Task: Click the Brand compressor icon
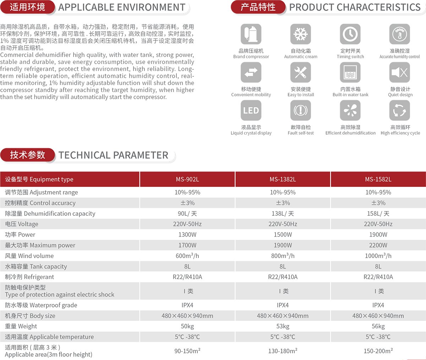(251, 34)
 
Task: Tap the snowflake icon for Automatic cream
(301, 34)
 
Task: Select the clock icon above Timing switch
(350, 34)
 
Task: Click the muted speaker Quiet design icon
(400, 72)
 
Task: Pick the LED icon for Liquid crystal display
(251, 111)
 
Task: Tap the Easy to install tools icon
(301, 72)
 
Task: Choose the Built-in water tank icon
(350, 72)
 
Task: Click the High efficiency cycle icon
(400, 111)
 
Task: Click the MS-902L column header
(187, 179)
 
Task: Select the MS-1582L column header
(378, 179)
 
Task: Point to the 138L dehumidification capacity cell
(283, 214)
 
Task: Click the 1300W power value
(187, 235)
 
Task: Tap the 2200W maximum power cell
(378, 245)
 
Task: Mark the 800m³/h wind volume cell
(283, 256)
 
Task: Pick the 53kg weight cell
(283, 326)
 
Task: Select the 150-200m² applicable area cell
(378, 351)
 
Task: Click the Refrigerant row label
(29, 277)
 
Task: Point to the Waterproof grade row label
(41, 305)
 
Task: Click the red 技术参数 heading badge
(28, 155)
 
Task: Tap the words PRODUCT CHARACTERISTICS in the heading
(355, 7)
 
